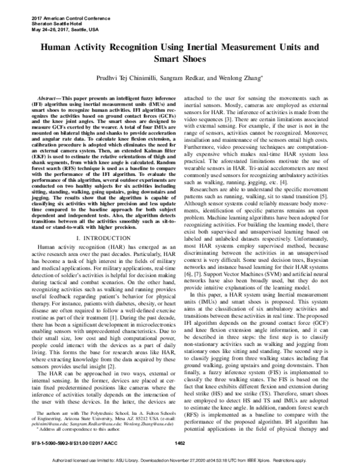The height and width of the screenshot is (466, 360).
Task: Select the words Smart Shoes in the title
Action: pyautogui.click(x=180, y=60)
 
